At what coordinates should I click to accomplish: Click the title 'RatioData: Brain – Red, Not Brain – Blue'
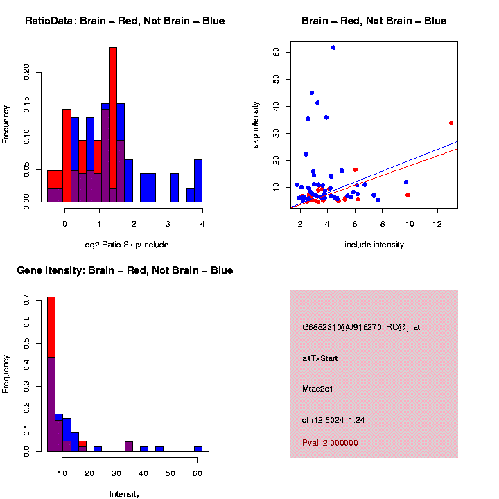point(125,21)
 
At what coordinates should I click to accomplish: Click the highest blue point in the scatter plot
point(333,48)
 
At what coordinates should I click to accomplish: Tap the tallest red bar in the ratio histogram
point(113,125)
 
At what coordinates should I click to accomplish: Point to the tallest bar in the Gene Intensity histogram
point(51,374)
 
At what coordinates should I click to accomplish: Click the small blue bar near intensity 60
point(198,448)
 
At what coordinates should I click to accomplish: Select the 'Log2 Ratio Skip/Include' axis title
point(125,244)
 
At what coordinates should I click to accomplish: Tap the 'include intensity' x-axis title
point(374,244)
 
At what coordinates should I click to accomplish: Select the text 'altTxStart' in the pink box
point(320,358)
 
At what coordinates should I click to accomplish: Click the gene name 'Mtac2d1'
point(318,389)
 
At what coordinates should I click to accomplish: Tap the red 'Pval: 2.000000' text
point(330,443)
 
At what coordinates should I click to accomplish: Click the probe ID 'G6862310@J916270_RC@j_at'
point(361,327)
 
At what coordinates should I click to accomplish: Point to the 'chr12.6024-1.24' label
point(333,420)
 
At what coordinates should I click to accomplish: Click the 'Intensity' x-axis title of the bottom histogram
point(125,494)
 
